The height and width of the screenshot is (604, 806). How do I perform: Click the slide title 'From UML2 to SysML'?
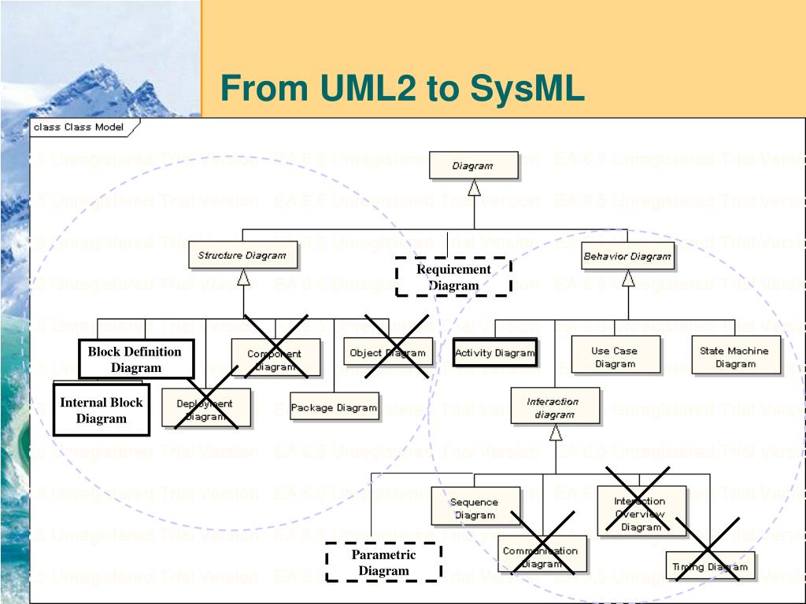[402, 88]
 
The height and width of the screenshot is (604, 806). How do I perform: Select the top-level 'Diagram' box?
[473, 166]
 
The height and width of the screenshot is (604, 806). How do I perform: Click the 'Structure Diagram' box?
[242, 256]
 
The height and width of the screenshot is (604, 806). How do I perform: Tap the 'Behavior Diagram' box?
[627, 256]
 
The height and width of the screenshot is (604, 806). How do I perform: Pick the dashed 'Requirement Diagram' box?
[453, 277]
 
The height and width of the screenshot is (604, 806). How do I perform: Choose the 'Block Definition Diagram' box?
[135, 359]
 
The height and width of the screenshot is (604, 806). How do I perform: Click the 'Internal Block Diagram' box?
[102, 410]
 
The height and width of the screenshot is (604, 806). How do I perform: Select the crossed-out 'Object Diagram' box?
[388, 352]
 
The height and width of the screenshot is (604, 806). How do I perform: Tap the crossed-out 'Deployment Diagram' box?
[206, 408]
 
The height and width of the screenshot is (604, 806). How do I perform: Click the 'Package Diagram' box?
[334, 407]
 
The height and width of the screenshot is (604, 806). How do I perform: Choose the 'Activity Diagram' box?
[495, 352]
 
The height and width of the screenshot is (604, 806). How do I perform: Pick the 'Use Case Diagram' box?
[616, 356]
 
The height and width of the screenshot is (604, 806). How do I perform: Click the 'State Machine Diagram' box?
[736, 356]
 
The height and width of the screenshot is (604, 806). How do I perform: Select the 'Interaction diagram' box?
[554, 407]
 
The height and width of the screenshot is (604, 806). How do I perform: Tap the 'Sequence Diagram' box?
[475, 507]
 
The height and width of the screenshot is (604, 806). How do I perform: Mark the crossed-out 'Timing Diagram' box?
[710, 565]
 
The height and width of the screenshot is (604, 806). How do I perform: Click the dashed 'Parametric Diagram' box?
[383, 562]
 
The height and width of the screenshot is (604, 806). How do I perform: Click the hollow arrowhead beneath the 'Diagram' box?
[474, 188]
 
